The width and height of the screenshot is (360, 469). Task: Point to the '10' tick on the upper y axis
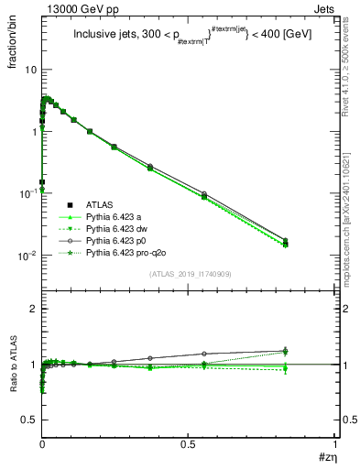30,70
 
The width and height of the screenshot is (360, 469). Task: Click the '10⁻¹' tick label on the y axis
27,192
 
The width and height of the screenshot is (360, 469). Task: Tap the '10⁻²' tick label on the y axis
27,255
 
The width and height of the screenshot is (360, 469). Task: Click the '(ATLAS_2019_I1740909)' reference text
189,275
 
